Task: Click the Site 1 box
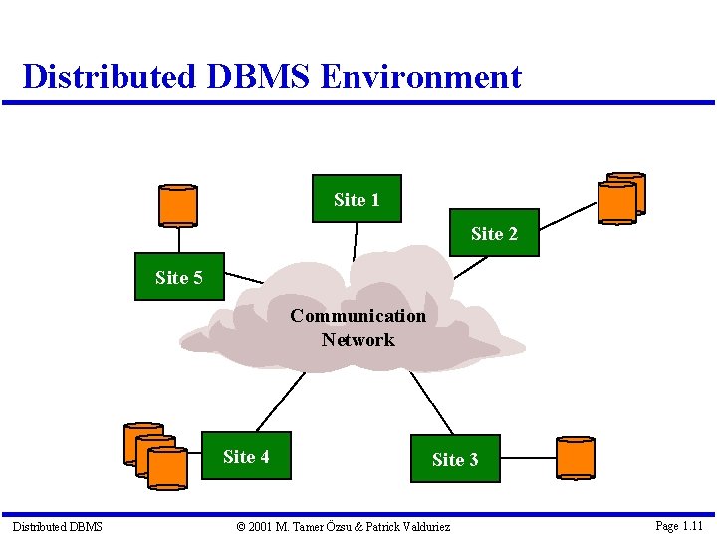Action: tap(357, 200)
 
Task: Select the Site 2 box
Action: tap(494, 233)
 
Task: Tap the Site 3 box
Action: tap(454, 459)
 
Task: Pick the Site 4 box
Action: tap(246, 456)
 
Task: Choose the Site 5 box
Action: tap(179, 277)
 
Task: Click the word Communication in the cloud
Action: tap(358, 316)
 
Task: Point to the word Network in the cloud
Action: tap(358, 340)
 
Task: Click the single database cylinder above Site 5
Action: tap(178, 206)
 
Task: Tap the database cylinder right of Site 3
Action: tap(575, 458)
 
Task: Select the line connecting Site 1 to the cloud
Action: tap(356, 240)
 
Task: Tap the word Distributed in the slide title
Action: tap(109, 77)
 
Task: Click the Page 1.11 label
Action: tap(679, 525)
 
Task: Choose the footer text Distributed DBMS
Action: tap(57, 526)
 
